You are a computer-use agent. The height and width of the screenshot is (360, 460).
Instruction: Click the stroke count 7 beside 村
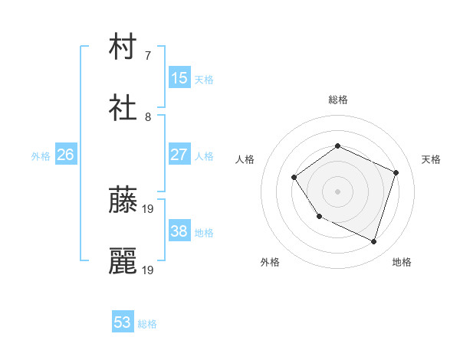point(147,56)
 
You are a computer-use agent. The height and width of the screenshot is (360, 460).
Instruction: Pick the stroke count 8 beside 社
point(147,117)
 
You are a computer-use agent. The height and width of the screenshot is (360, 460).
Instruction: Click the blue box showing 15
point(179,78)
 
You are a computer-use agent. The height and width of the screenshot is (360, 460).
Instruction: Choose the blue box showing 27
point(179,155)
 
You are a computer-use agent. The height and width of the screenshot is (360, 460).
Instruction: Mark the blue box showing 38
point(179,231)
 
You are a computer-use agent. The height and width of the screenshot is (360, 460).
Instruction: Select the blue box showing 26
point(65,155)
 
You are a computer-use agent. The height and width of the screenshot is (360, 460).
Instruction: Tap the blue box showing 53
point(123,322)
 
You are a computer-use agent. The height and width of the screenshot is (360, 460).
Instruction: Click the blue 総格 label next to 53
point(147,324)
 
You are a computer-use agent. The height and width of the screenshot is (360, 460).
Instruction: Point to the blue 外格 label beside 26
point(41,156)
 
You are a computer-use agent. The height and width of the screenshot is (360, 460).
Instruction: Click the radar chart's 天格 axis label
point(431,159)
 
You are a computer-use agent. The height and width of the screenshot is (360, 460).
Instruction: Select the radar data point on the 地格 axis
point(374,242)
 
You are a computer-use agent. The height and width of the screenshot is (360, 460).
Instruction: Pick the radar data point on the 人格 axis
point(294,178)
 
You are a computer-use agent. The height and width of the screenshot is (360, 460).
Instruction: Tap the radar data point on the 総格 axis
point(337,146)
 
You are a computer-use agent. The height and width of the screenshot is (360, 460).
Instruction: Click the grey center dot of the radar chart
point(337,191)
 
